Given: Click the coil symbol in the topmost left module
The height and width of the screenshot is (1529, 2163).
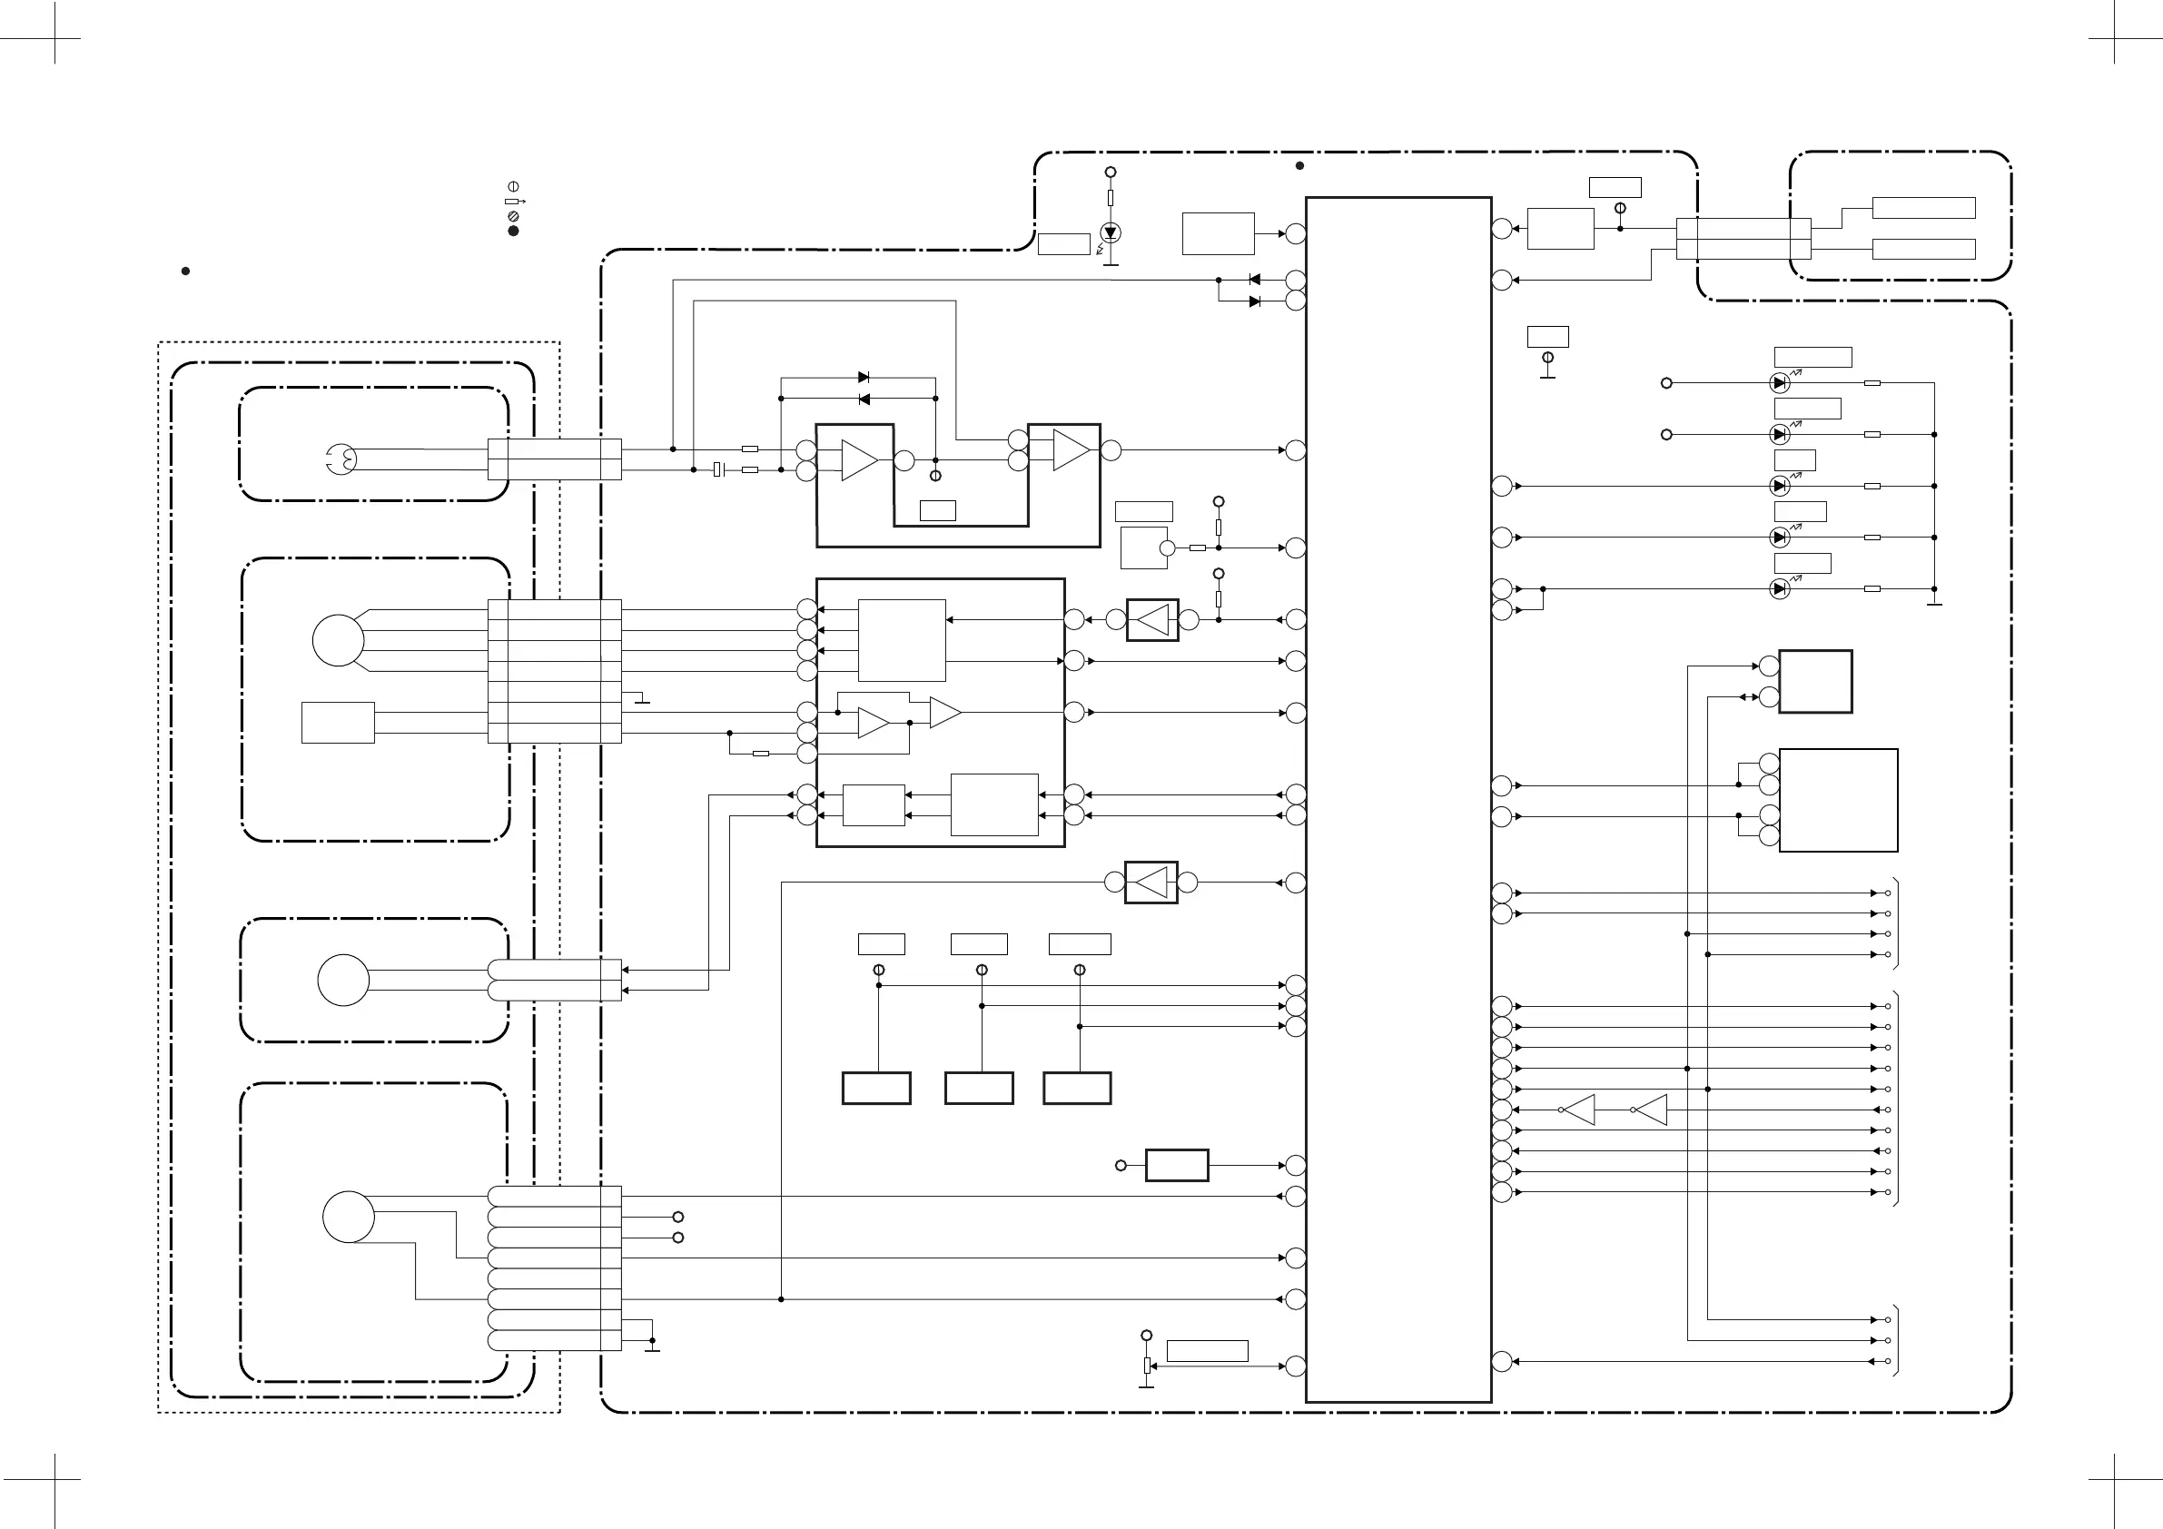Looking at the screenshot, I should coord(341,459).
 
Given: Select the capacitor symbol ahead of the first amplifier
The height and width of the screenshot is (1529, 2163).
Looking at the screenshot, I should coord(718,469).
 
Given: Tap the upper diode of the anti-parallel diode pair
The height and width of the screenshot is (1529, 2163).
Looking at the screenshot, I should coord(863,378).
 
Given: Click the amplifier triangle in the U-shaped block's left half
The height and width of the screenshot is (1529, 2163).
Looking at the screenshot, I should coord(858,459).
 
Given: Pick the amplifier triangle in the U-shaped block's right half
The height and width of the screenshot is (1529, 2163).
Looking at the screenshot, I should coord(1071,449).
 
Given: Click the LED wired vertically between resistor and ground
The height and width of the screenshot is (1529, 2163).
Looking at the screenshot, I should coord(1111,232).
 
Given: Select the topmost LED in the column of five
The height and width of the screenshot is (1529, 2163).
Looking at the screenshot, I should coord(1779,383).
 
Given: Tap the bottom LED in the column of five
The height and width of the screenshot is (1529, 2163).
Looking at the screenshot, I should coord(1779,588).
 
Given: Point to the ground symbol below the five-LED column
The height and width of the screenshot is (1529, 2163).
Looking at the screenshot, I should coord(1934,601).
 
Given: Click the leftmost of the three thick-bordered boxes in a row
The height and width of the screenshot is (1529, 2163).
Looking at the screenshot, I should coord(876,1088).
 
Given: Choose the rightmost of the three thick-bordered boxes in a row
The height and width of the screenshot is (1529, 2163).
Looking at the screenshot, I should coord(1077,1088).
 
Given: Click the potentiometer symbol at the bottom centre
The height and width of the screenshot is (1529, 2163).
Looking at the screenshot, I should coord(1147,1366).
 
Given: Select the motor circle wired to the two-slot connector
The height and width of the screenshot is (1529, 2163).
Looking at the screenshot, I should coord(343,980).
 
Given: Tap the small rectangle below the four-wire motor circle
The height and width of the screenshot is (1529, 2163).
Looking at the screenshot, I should coord(337,723).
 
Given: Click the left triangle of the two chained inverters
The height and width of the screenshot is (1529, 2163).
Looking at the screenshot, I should coord(1581,1110).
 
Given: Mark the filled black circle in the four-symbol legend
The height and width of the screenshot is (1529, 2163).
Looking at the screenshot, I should coord(513,231).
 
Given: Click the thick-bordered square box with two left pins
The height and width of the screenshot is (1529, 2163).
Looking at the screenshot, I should coord(1814,681).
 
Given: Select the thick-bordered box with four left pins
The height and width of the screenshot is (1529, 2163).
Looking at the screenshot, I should coord(1837,800).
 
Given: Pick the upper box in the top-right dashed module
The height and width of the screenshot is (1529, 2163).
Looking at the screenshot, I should coord(1922,208).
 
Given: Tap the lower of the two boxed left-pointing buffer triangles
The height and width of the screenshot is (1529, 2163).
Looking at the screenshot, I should coord(1151,883).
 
